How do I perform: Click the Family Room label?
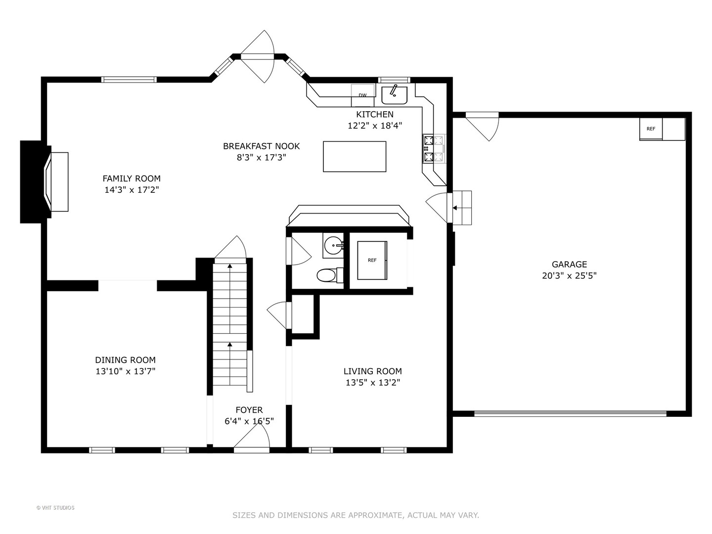pos(132,178)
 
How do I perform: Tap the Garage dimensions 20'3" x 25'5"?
pos(569,275)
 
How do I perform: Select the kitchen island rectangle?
pos(355,157)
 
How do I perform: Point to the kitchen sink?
pos(394,94)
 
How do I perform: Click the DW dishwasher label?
pos(362,95)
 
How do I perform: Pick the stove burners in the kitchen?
pos(434,149)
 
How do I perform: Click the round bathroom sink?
pos(333,245)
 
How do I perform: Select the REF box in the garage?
pos(651,129)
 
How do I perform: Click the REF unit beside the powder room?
pos(372,261)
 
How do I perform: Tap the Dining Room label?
pos(125,360)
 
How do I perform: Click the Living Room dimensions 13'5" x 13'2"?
pos(373,383)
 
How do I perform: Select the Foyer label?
pos(249,410)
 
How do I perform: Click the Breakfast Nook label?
pos(262,146)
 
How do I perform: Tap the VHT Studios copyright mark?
pos(55,508)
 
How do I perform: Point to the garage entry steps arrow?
pos(459,208)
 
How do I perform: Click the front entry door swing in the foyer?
pos(252,436)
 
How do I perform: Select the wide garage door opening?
pos(570,413)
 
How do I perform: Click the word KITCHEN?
pos(375,114)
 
